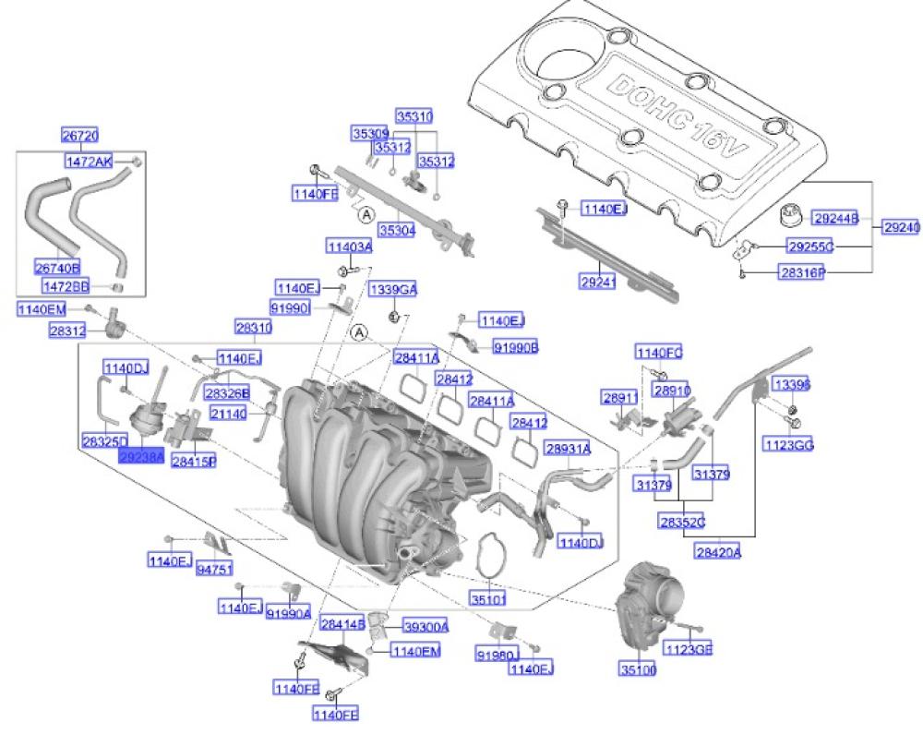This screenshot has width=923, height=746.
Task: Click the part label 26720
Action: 79,135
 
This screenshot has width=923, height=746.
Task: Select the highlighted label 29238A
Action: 140,456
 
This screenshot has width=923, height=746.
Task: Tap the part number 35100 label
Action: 639,669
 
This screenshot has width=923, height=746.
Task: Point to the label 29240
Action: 901,226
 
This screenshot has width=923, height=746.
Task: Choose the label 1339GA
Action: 393,290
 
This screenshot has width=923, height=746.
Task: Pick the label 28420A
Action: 718,552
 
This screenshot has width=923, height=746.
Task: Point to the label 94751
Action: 214,570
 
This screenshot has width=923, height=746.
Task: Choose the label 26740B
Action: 57,267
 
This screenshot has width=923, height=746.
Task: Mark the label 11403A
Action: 348,247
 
